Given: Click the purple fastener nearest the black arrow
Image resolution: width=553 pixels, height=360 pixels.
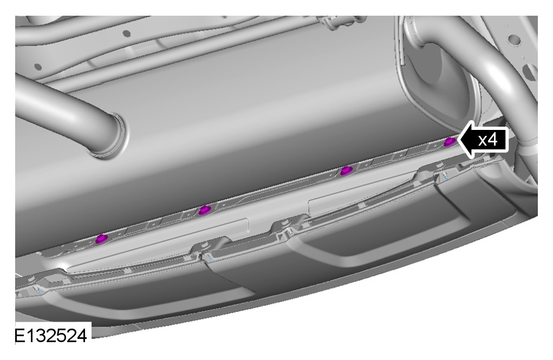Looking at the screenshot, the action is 449,142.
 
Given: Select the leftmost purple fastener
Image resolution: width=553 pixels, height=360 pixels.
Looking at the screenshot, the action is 102,239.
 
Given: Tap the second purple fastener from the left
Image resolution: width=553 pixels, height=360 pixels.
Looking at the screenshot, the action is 205,211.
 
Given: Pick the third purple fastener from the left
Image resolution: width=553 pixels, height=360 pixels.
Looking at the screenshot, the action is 346,171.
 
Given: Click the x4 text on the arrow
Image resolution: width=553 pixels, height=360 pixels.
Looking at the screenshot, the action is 488,140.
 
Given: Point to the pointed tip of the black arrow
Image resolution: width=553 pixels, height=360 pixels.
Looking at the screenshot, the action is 458,140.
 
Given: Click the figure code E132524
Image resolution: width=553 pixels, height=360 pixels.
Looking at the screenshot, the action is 50,336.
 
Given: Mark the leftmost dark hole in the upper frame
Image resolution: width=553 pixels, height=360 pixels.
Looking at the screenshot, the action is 38,67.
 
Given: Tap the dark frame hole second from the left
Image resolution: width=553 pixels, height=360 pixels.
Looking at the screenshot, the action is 126,34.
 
